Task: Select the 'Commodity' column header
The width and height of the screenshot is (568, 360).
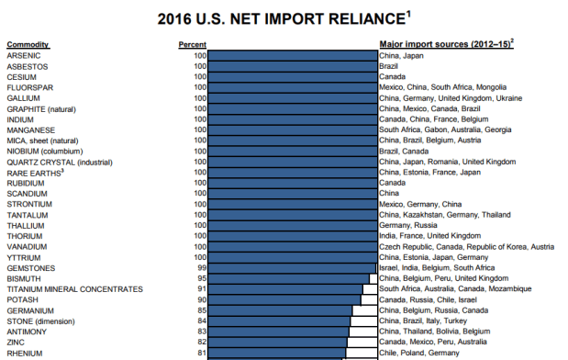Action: click(28, 44)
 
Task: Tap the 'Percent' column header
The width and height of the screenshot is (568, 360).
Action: click(192, 44)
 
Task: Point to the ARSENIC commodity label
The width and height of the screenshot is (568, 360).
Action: click(24, 56)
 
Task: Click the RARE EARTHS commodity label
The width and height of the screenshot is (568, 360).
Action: click(36, 173)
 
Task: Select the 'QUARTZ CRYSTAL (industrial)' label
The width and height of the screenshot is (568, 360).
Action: click(59, 162)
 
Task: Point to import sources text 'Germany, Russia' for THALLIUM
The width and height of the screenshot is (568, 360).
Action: click(407, 226)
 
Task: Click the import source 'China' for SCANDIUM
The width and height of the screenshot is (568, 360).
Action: click(389, 194)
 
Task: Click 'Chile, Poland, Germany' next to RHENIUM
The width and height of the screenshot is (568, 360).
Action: click(420, 353)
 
